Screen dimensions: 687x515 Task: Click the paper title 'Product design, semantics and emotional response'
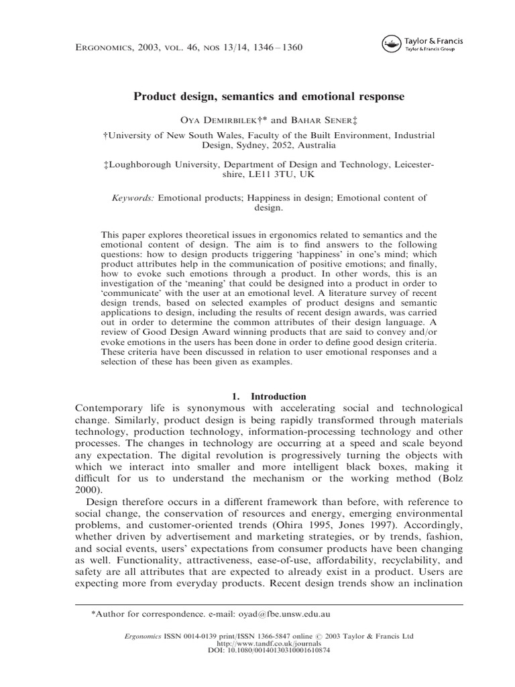point(269,97)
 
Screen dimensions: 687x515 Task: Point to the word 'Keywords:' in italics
point(132,198)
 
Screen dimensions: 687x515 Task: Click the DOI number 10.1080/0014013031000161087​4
point(280,651)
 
